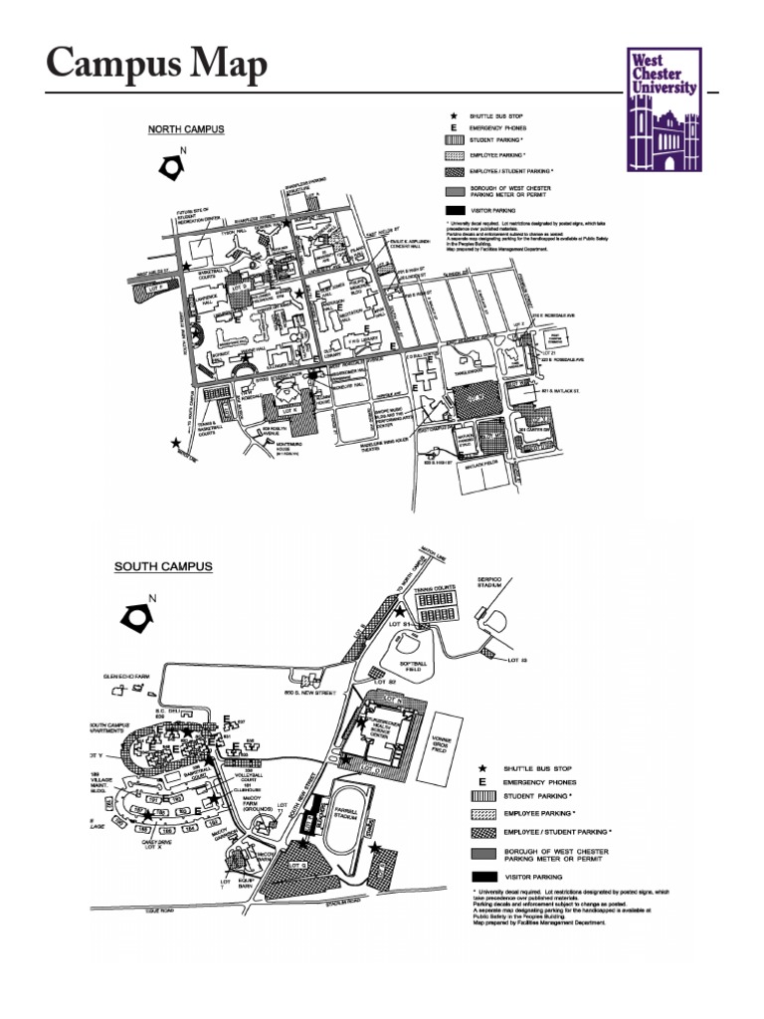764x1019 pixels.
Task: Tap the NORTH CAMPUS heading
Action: click(186, 129)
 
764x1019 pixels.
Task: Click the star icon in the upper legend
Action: click(455, 116)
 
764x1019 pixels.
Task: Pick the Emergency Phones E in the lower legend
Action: click(482, 782)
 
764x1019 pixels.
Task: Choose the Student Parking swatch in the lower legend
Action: click(482, 796)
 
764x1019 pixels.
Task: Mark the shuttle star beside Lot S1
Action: click(400, 612)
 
